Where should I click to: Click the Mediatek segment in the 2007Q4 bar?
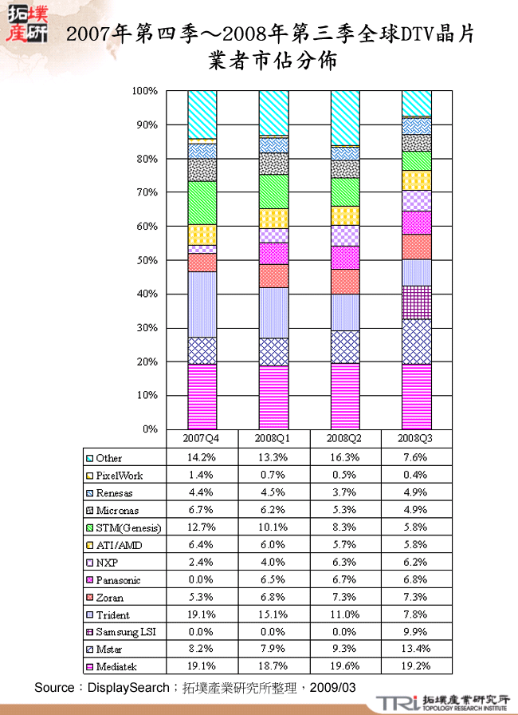coord(202,397)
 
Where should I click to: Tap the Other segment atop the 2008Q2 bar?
coord(345,118)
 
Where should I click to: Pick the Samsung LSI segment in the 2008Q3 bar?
coord(417,302)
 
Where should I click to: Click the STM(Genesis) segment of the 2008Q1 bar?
coord(274,192)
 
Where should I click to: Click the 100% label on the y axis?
coord(145,92)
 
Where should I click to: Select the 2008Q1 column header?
coord(273,438)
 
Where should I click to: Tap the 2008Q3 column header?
coord(416,438)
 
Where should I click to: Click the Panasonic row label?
coord(116,580)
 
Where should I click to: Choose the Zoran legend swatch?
coord(90,598)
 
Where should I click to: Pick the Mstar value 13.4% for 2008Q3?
coord(416,650)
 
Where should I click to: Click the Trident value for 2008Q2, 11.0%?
coord(344,615)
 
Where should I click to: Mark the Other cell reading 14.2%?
coord(202,458)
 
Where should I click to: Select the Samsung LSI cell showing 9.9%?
coord(416,633)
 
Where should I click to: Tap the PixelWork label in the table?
coord(120,476)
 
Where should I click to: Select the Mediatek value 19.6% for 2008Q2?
coord(344,667)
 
